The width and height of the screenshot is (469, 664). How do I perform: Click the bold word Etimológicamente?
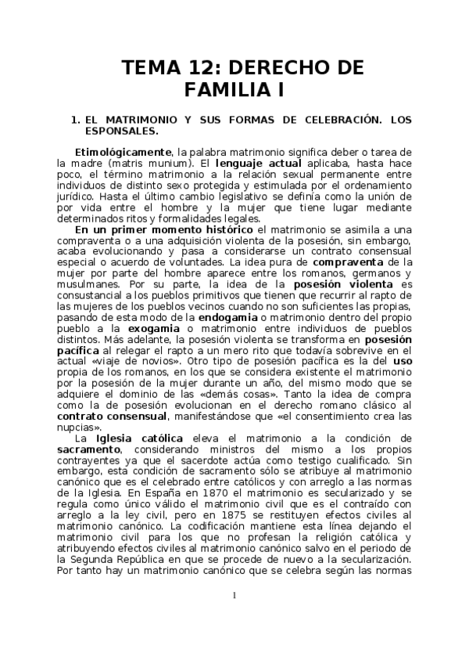(x=123, y=151)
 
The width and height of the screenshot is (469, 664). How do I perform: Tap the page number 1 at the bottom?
(x=234, y=597)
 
